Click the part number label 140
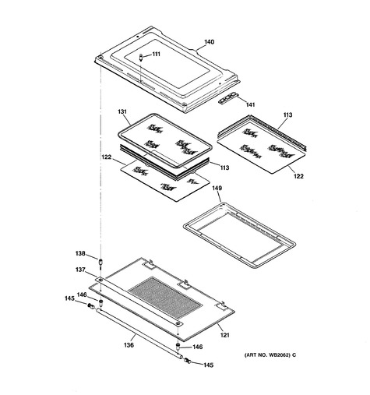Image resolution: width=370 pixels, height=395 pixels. (209, 42)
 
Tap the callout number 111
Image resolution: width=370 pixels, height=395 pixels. (156, 54)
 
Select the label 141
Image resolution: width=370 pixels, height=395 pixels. (250, 104)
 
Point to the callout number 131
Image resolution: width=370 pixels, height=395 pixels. (122, 111)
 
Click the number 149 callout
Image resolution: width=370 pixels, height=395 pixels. (217, 188)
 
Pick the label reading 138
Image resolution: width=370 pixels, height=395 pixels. (80, 253)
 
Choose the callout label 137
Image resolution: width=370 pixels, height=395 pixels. (80, 270)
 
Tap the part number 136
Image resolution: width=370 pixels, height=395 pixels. (129, 345)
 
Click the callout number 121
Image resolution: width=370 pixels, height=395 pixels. (225, 335)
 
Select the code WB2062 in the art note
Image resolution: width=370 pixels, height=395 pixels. (280, 355)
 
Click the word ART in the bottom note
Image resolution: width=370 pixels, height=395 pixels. (251, 355)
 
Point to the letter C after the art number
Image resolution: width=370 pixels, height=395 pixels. (294, 355)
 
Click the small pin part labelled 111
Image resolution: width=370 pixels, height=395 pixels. (141, 57)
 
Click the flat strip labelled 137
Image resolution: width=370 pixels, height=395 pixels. (139, 302)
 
